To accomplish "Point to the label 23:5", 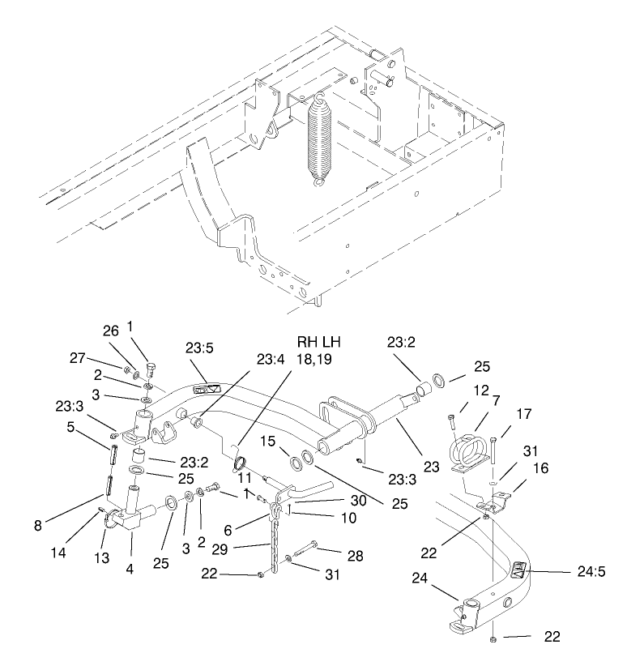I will coord(199,348).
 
